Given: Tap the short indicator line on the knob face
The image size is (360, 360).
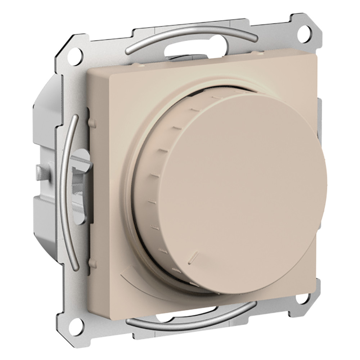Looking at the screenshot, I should [193, 256].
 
